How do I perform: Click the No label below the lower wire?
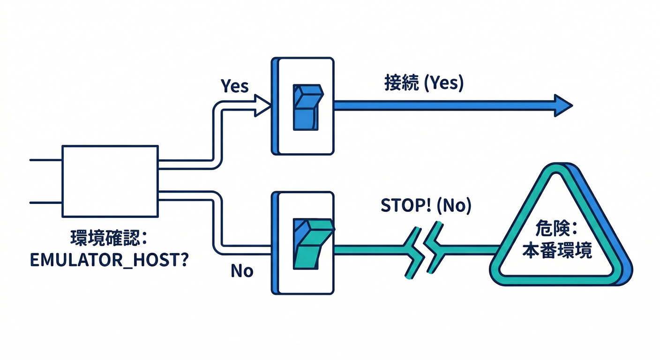242,270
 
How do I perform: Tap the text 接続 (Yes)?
423,83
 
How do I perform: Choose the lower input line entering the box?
45,202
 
